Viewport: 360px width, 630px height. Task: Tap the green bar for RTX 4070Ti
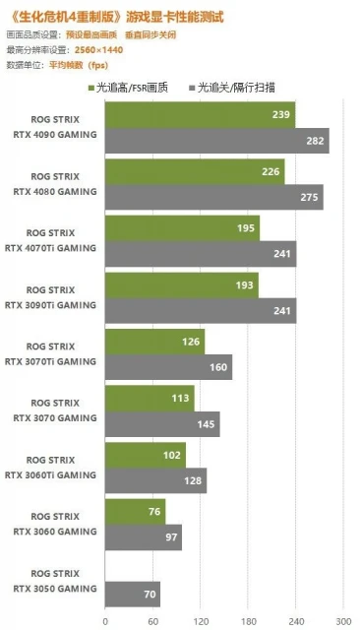182,228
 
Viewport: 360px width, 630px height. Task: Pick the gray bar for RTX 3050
132,594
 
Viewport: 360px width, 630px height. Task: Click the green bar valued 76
135,512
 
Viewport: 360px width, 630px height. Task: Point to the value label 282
315,142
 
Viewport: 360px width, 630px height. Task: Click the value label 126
192,343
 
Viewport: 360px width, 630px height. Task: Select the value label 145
207,425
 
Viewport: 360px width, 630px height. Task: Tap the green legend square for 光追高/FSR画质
91,88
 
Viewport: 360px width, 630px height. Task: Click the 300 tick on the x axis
342,621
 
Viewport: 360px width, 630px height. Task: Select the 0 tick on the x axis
105,621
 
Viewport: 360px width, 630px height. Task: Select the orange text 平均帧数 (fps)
78,64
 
